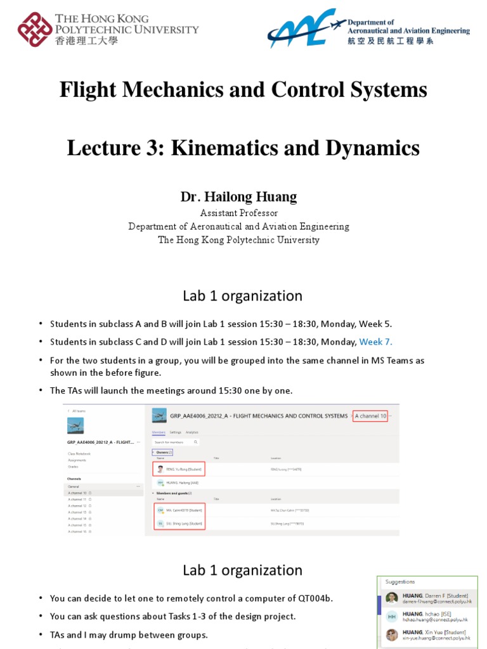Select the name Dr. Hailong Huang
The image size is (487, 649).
tap(238, 196)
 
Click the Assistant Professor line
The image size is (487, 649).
tap(238, 213)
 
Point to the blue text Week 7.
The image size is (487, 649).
tap(375, 342)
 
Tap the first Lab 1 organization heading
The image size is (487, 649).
tap(242, 296)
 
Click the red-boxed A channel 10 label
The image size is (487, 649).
tap(370, 416)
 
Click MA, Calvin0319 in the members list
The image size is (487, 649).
tap(184, 510)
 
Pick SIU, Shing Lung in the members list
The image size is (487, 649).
tap(184, 524)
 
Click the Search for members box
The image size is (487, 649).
tap(176, 442)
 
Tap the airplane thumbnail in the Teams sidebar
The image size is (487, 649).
tap(75, 425)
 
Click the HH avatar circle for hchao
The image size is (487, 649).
tap(392, 616)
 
